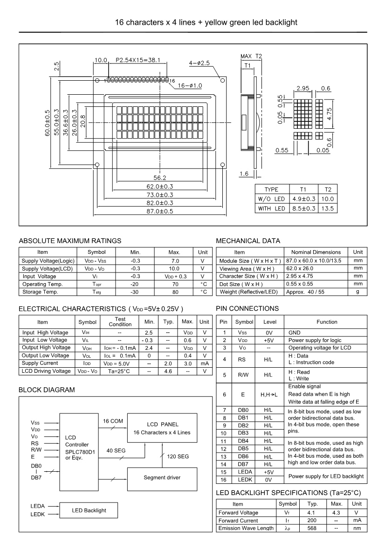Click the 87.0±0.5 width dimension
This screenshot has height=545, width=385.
coord(159,211)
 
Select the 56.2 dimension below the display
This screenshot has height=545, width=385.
coord(160,178)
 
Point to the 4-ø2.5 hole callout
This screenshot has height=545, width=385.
coord(199,63)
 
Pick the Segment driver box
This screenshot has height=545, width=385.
coord(162,477)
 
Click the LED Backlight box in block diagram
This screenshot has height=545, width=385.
coord(89,510)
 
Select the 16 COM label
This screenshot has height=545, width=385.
coord(113,421)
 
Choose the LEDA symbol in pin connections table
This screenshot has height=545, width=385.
coord(243,472)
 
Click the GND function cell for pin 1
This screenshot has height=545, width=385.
coord(295,333)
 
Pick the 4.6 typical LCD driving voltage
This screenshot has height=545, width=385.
coord(168,371)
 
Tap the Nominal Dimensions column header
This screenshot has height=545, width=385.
coord(316,252)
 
